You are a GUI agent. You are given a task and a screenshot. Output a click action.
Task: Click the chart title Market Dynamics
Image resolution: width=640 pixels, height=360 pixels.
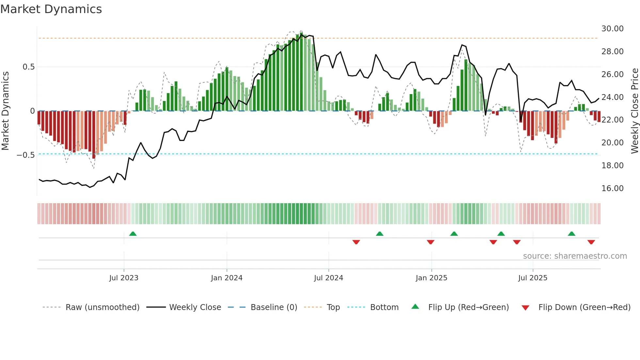point(51,9)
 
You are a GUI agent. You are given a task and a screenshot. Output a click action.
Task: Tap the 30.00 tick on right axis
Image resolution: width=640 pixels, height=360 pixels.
point(612,29)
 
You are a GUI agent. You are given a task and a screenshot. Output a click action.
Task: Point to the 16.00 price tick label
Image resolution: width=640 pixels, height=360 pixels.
point(612,188)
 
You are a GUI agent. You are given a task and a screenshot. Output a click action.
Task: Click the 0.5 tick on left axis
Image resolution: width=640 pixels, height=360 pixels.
point(28,67)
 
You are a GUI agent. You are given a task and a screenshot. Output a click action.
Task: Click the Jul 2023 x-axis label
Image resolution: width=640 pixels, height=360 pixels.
point(124,278)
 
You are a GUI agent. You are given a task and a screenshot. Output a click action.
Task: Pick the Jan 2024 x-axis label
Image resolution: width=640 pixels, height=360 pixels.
point(227,278)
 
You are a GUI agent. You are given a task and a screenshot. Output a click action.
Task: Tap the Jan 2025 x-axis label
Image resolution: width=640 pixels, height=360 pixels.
point(431,278)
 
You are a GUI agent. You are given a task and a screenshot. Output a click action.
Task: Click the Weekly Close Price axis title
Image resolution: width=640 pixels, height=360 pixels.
point(634,111)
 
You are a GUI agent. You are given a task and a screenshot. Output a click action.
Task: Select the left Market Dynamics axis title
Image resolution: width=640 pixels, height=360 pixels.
point(5,111)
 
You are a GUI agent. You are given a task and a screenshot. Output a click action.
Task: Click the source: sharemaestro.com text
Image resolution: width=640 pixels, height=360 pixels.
point(575,256)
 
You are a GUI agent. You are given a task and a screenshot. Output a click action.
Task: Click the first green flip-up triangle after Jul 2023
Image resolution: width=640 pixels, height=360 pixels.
point(133,234)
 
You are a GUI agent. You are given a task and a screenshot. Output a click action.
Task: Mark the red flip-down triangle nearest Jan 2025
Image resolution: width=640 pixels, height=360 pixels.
point(430,242)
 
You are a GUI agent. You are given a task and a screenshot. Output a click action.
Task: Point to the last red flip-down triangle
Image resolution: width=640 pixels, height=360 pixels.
point(591,242)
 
